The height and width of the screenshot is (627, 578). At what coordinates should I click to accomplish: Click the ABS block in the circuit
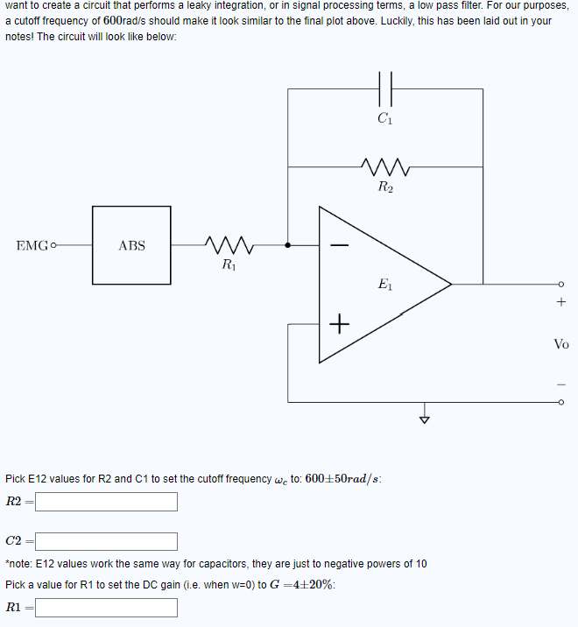click(x=131, y=246)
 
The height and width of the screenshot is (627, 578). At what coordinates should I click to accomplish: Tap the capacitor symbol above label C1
click(x=385, y=88)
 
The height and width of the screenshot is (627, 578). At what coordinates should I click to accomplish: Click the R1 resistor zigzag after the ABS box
click(x=228, y=245)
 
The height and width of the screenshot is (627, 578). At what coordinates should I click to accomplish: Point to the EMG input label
click(x=32, y=246)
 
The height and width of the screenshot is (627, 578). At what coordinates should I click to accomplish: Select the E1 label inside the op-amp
click(x=385, y=284)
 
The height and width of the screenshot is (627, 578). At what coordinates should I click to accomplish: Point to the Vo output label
click(x=561, y=344)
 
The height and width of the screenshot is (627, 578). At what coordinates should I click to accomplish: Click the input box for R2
click(x=106, y=502)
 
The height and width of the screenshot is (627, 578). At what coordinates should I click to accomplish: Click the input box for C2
click(x=106, y=542)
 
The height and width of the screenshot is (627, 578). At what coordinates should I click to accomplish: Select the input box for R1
click(x=106, y=607)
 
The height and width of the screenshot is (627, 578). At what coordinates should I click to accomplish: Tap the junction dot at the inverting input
click(x=288, y=246)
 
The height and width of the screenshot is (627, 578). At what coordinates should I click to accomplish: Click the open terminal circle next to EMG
click(x=54, y=246)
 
